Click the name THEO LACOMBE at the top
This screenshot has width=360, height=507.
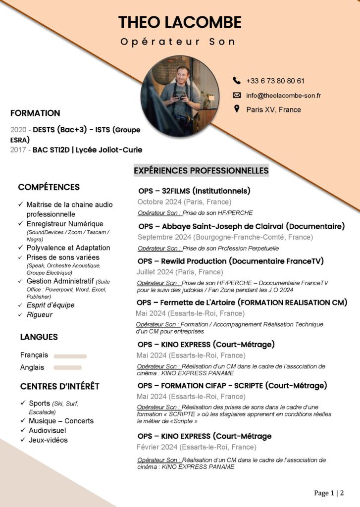pos(180,22)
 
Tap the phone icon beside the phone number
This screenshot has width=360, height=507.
pos(236,80)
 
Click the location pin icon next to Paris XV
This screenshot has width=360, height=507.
pos(236,109)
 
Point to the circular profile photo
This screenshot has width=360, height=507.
pos(180,96)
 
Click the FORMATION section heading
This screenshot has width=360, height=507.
pos(35,113)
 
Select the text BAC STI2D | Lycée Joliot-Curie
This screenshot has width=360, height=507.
pos(87,150)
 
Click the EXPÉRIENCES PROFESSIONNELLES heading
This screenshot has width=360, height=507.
pos(201,170)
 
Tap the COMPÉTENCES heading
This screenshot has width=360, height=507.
pos(49,187)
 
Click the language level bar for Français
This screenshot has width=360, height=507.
pos(70,356)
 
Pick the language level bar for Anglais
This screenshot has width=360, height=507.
pos(67,367)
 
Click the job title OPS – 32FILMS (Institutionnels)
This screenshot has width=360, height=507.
pos(194,191)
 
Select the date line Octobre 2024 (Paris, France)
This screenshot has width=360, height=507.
pos(184,202)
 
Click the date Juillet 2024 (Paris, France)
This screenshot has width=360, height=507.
pos(180,272)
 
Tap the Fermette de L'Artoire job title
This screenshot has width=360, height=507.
pos(242,302)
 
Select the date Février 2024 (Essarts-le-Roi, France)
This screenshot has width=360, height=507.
pos(197,447)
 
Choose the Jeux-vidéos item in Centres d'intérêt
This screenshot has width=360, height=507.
pos(48,440)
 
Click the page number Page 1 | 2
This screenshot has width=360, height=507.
pos(329,493)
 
